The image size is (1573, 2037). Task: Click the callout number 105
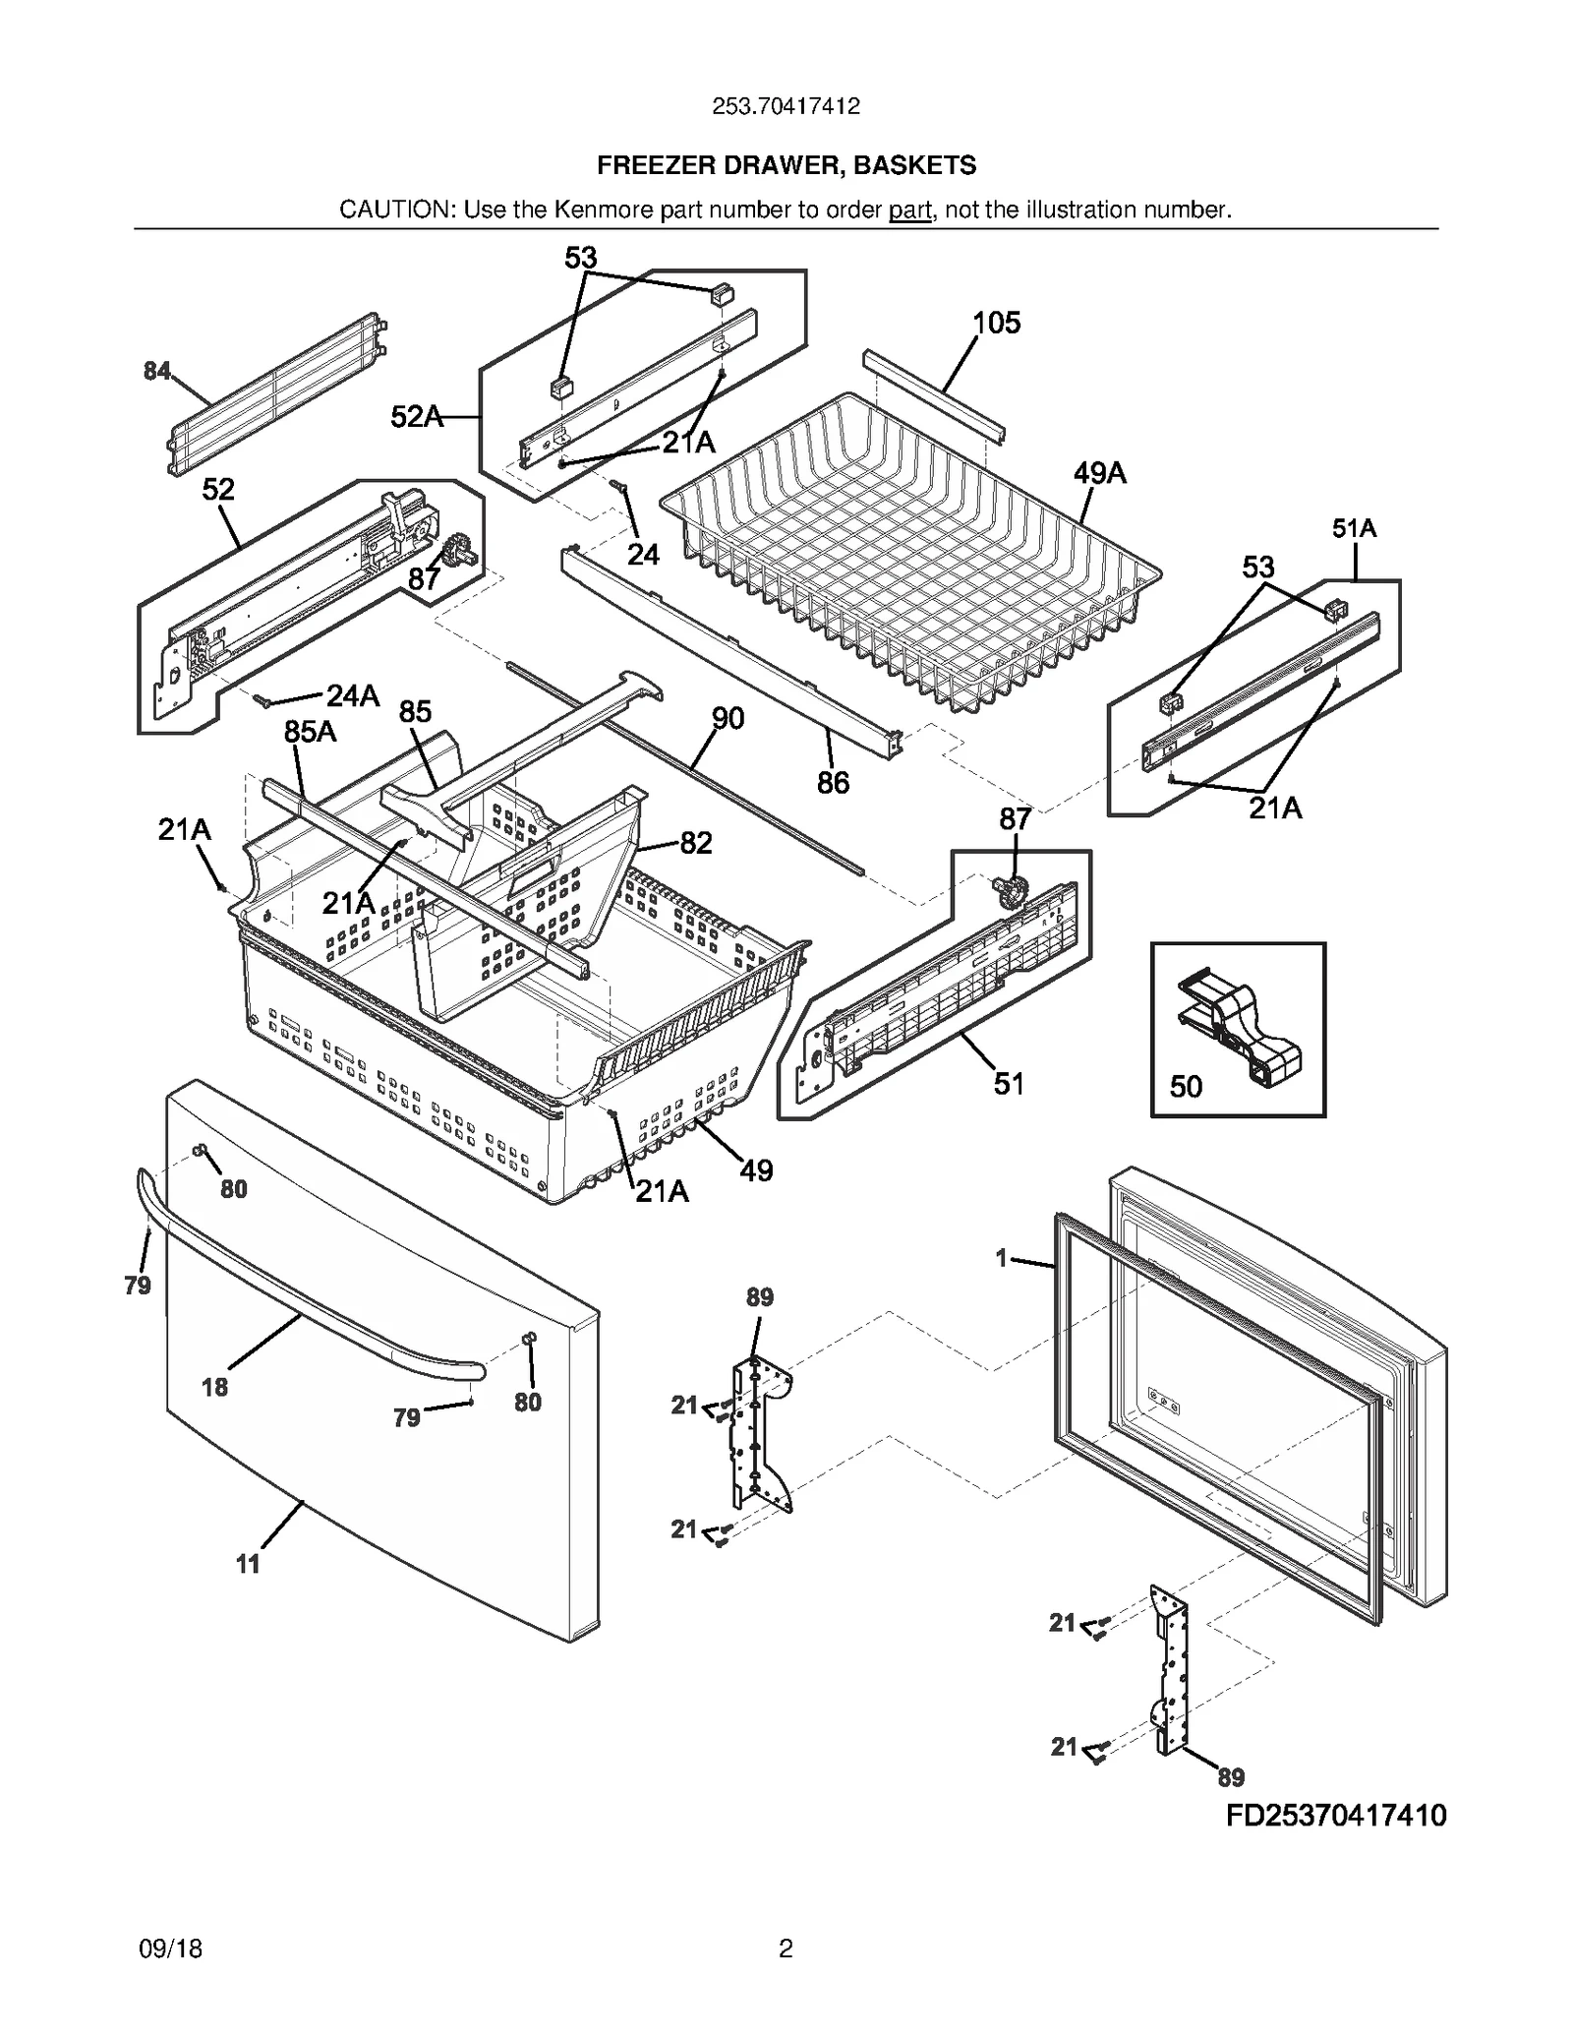coord(996,323)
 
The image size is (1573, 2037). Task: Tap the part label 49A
coord(1099,474)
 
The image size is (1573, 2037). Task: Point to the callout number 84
coord(156,371)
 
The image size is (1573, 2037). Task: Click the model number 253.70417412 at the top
coord(786,106)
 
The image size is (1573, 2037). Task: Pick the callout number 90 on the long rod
coord(728,719)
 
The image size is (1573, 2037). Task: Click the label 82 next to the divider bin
coord(695,843)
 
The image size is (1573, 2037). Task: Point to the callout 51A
coord(1354,529)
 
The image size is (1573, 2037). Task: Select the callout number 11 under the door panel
coord(248,1564)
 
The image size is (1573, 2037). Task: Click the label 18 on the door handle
coord(214,1388)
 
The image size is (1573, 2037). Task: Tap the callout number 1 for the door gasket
coord(1001,1258)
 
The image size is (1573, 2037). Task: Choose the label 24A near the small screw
coord(352,696)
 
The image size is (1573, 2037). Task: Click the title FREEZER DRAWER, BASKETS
coord(786,165)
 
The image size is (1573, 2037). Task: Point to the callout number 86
coord(833,783)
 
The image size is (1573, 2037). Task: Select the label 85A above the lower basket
coord(310,732)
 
